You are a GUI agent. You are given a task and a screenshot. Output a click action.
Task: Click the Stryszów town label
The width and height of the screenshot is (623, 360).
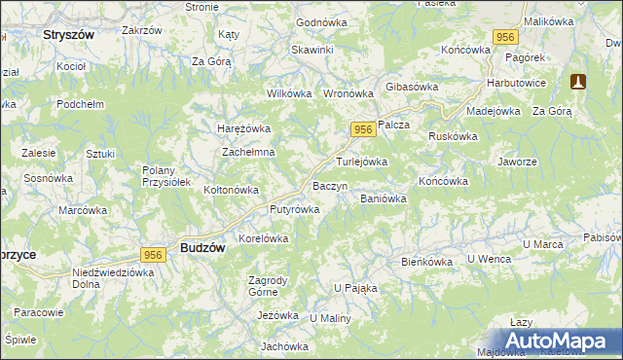pyautogui.click(x=68, y=33)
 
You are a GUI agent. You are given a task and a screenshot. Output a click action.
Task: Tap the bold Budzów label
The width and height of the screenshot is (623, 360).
pyautogui.click(x=202, y=248)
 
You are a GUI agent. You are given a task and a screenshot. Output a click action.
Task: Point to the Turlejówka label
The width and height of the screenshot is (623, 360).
pyautogui.click(x=362, y=162)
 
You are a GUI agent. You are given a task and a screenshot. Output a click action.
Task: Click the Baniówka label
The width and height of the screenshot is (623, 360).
pyautogui.click(x=383, y=198)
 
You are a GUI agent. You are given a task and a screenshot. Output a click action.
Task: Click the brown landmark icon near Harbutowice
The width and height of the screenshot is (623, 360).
pyautogui.click(x=579, y=82)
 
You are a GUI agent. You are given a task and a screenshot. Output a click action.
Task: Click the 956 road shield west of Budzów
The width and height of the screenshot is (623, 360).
pyautogui.click(x=151, y=254)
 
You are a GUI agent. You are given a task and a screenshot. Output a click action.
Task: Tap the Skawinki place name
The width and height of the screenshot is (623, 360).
pyautogui.click(x=311, y=50)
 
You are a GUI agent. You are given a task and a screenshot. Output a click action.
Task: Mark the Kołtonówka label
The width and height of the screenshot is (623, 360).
pyautogui.click(x=230, y=190)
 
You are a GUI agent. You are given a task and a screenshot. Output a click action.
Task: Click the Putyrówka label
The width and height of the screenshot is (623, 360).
pyautogui.click(x=294, y=209)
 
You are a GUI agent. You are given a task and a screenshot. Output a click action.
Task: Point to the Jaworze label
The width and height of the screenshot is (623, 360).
pyautogui.click(x=517, y=162)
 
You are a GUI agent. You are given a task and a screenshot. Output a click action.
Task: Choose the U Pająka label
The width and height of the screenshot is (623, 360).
pyautogui.click(x=355, y=288)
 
